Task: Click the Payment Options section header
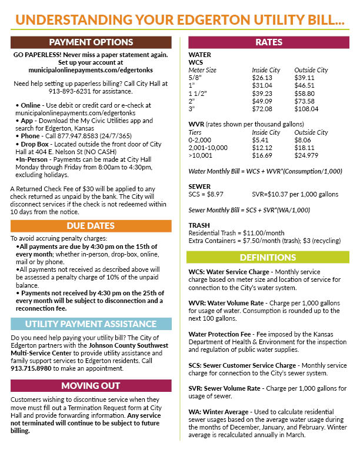point(91,42)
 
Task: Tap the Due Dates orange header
point(91,226)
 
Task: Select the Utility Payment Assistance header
point(91,324)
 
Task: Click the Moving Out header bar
point(91,386)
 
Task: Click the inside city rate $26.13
point(262,78)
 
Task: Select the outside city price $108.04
point(306,109)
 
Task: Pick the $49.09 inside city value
point(262,101)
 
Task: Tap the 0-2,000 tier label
point(199,141)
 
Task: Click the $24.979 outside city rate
point(308,156)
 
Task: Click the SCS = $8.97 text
point(206,194)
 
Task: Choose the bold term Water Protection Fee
point(221,334)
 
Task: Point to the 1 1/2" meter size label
point(198,93)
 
